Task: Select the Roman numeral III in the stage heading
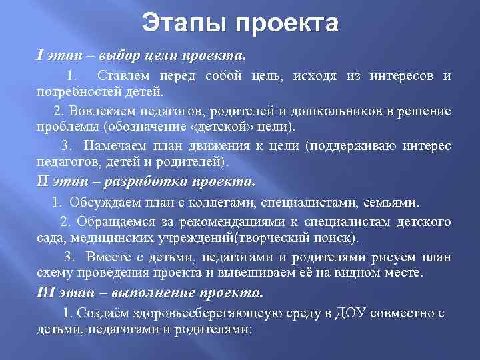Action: coord(45,291)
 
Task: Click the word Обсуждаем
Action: coord(99,201)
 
